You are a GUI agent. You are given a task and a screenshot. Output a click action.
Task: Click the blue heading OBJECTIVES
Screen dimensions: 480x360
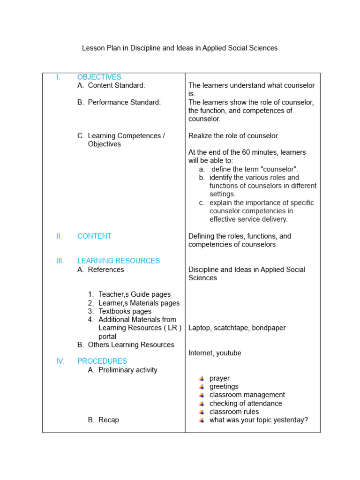pos(99,77)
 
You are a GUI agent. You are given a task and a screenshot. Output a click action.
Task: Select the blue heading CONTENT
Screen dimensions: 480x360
pos(94,236)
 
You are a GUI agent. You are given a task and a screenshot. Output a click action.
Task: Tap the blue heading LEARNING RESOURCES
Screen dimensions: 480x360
pos(118,261)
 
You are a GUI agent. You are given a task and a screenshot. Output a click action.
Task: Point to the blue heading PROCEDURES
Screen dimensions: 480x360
pos(102,361)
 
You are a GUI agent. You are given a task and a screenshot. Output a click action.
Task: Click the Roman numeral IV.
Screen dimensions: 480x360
pos(60,361)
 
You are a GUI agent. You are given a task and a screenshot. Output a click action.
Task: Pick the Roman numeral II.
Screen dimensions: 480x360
pos(59,236)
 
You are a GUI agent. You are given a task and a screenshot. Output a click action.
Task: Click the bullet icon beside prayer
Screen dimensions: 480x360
pos(202,378)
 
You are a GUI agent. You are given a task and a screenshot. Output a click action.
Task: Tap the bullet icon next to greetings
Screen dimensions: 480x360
pos(202,387)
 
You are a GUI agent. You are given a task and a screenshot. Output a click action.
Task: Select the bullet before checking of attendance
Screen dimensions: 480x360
pos(202,404)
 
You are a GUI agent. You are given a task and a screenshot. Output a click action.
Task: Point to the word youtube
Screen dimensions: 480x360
pos(229,353)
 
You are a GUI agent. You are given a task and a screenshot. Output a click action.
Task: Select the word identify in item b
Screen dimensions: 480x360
pos(220,178)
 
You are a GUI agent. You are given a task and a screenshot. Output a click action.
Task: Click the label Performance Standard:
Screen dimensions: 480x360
pos(124,102)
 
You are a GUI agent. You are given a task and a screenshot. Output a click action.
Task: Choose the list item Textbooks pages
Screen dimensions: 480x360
pos(125,311)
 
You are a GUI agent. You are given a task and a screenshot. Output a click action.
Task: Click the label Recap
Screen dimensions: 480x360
pos(108,420)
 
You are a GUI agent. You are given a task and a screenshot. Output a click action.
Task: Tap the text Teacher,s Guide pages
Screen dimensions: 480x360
pos(135,294)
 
